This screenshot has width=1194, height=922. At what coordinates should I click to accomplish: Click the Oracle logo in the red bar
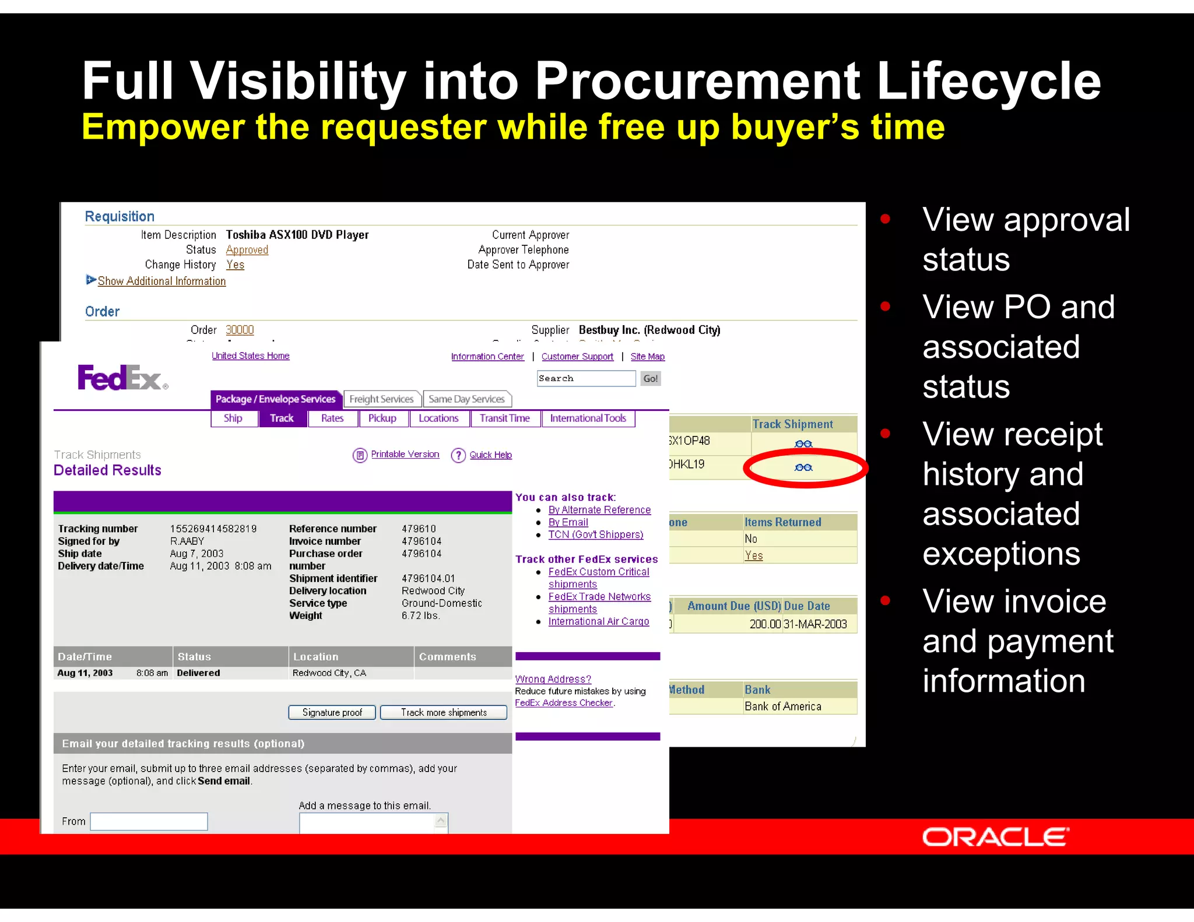(x=995, y=837)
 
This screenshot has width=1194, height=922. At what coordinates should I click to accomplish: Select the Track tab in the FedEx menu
(x=282, y=418)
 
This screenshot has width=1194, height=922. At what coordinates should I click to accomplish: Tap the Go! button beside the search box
(x=650, y=379)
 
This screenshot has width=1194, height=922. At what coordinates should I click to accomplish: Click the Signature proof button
(x=332, y=712)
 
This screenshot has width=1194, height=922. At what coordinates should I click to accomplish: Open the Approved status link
(x=247, y=250)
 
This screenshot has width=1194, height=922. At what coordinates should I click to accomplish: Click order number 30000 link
(x=240, y=330)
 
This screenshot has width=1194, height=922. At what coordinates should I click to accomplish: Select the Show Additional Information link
(x=161, y=281)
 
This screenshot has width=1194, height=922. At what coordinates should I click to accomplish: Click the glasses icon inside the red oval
(x=803, y=467)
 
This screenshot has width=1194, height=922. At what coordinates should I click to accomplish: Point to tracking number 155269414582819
(x=213, y=529)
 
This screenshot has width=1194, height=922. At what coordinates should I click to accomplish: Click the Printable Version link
(x=405, y=454)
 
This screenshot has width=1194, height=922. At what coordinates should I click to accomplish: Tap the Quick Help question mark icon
(x=458, y=455)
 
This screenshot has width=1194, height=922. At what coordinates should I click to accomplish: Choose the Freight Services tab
(x=381, y=399)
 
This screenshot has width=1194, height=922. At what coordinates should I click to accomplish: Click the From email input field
(x=149, y=821)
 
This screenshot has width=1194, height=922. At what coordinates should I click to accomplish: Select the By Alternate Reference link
(x=599, y=510)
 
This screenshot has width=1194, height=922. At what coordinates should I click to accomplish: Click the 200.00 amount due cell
(x=764, y=624)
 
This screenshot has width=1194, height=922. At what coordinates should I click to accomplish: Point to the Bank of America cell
(x=782, y=706)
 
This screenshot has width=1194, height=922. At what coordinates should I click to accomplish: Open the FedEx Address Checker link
(x=563, y=703)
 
